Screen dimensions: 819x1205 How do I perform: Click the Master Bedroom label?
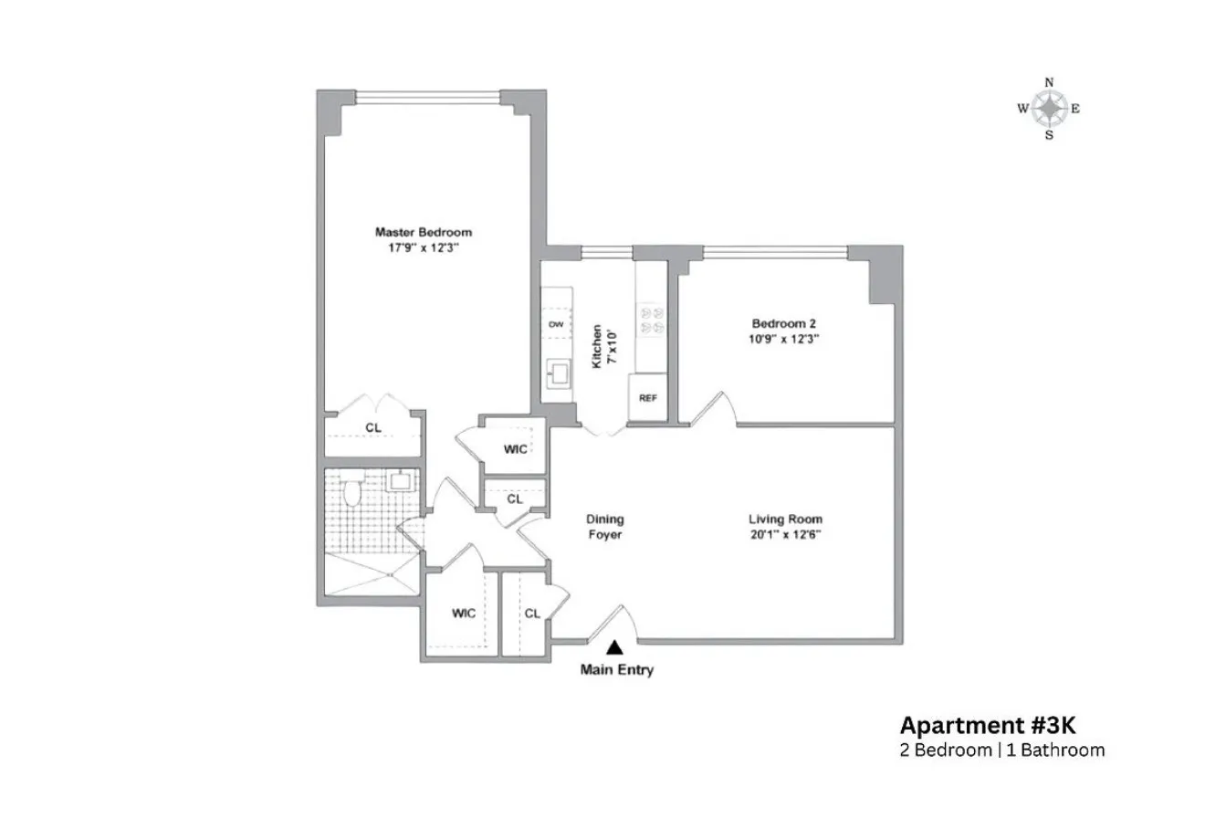pos(424,232)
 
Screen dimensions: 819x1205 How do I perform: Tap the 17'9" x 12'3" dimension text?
pos(424,247)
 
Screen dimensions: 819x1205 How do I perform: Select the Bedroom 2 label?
pos(783,323)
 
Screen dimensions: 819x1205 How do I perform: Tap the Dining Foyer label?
pos(604,527)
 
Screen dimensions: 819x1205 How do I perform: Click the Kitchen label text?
pos(597,346)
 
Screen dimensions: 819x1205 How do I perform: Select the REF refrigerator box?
pos(647,399)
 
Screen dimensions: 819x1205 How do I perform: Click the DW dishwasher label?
pos(555,324)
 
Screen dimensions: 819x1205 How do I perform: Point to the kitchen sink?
pos(557,372)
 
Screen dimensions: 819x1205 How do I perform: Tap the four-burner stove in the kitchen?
pos(651,320)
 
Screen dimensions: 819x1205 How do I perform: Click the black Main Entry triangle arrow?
pos(616,647)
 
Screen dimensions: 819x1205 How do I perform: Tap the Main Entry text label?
pos(617,670)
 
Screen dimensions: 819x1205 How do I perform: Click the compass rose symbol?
pos(1050,109)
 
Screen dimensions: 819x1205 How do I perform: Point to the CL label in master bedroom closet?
pos(373,427)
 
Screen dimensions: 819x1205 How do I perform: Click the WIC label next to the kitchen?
pos(514,448)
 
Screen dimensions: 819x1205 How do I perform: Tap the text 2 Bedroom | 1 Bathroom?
pos(1001,751)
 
